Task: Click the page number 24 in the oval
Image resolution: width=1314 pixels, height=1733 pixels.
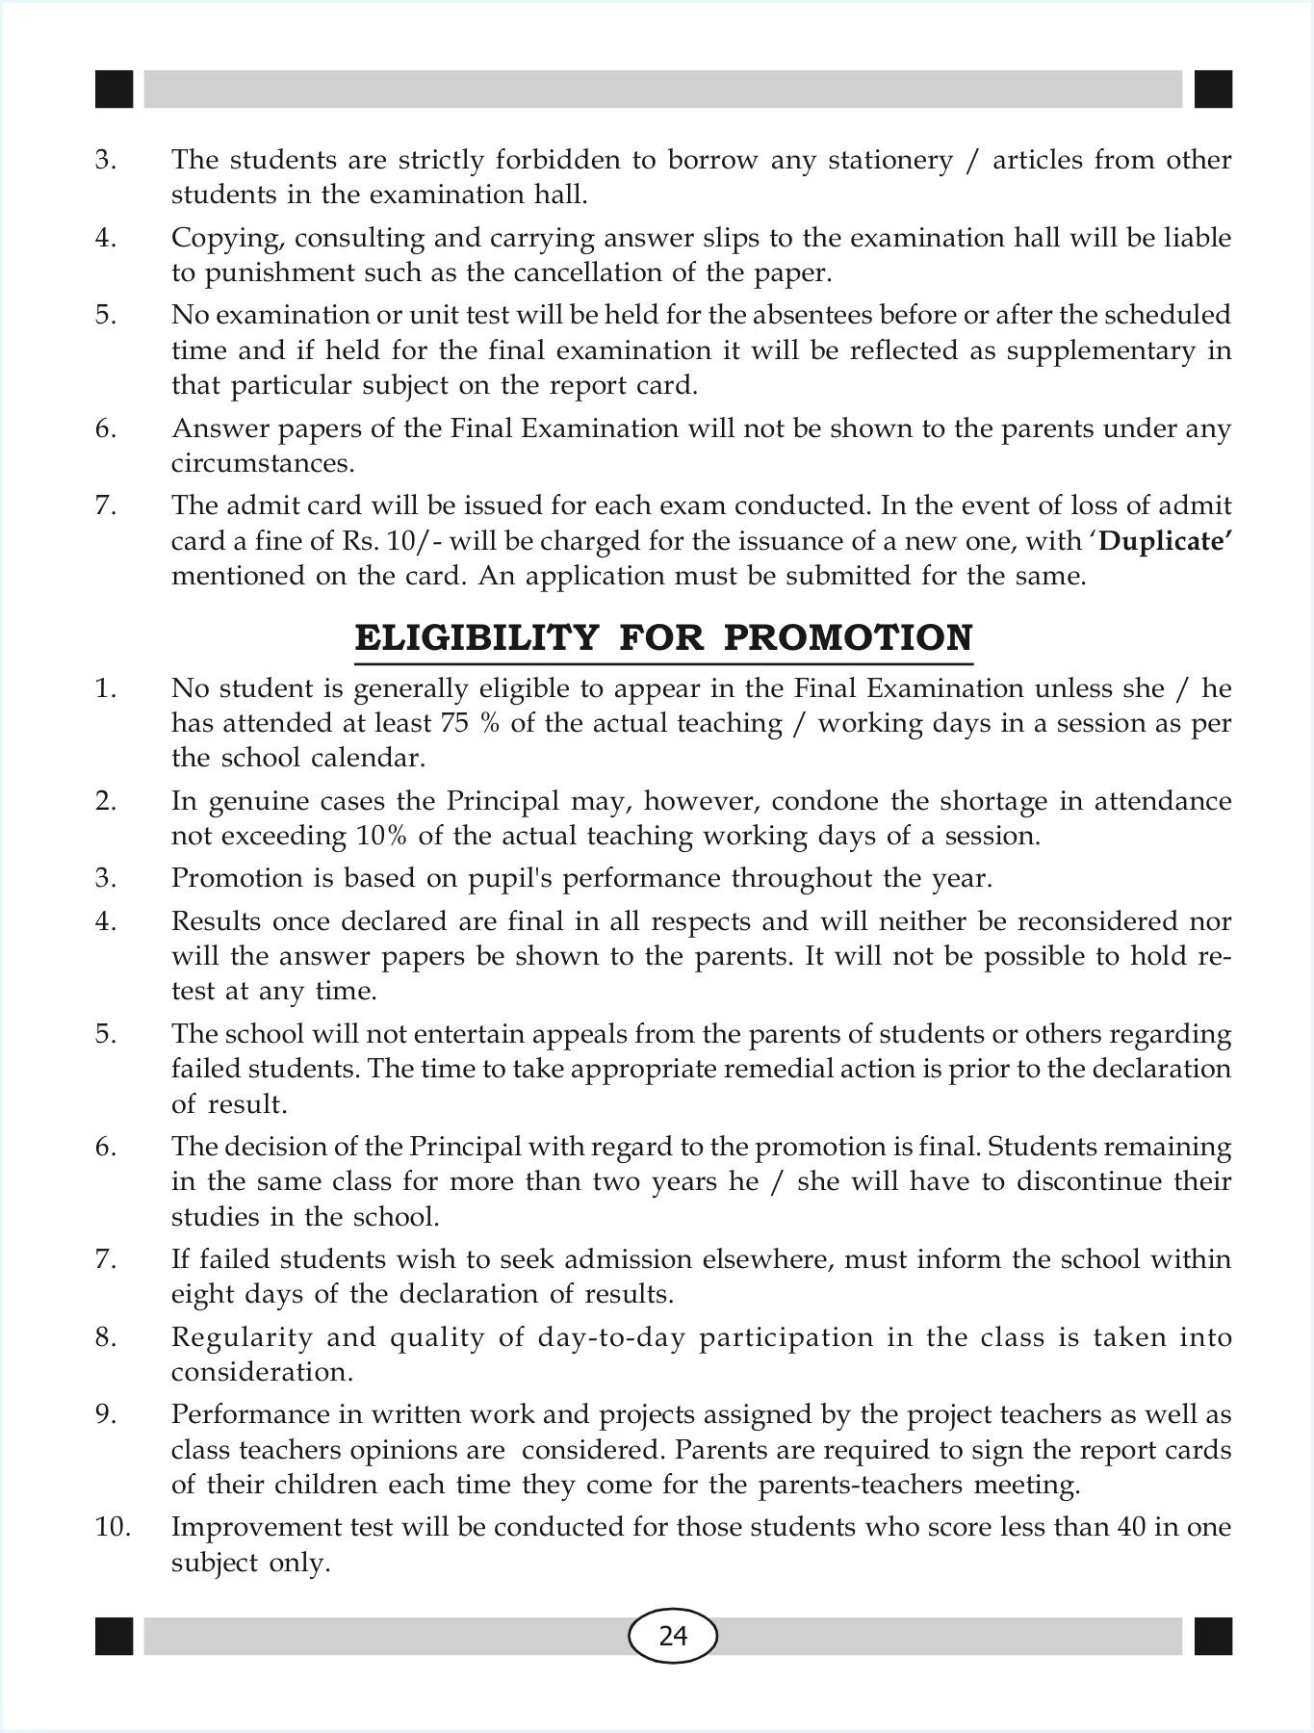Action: pyautogui.click(x=673, y=1636)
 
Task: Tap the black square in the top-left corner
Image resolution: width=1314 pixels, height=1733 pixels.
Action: pyautogui.click(x=114, y=89)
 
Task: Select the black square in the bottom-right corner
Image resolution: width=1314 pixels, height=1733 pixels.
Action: pyautogui.click(x=1213, y=1636)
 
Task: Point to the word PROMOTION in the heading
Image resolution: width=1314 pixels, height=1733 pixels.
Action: pyautogui.click(x=847, y=638)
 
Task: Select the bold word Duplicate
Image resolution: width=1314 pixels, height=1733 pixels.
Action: pyautogui.click(x=1166, y=541)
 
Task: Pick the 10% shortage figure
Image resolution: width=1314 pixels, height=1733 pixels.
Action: pyautogui.click(x=383, y=836)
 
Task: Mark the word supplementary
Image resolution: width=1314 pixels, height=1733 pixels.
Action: pyautogui.click(x=1096, y=350)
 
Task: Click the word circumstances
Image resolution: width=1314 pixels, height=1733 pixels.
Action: pyautogui.click(x=263, y=463)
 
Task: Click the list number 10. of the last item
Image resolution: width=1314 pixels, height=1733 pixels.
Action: pyautogui.click(x=113, y=1527)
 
